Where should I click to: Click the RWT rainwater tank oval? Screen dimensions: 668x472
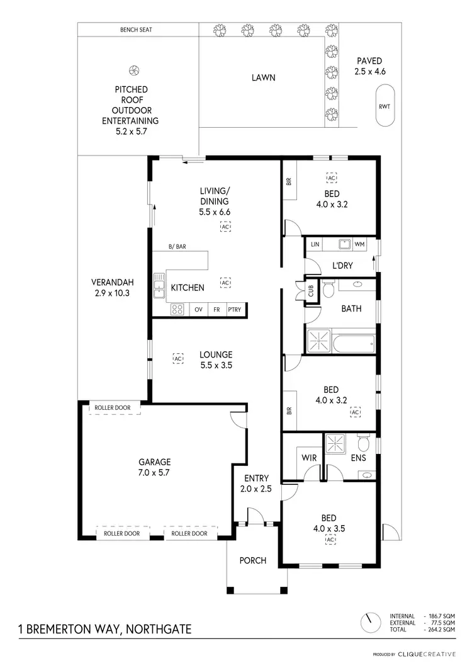384,106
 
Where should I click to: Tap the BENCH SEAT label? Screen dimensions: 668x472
136,30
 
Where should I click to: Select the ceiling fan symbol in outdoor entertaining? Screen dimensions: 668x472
133,70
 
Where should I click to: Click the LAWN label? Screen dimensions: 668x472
264,78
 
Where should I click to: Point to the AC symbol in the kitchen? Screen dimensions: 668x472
225,283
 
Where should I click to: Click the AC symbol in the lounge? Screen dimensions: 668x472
178,358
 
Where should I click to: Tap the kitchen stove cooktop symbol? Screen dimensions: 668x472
177,309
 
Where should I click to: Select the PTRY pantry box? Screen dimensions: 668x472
234,309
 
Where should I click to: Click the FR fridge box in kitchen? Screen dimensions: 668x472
216,309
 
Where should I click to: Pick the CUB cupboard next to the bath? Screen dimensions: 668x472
311,291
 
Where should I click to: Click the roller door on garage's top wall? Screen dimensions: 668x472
113,408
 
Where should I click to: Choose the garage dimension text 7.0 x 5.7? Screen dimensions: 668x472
155,473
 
